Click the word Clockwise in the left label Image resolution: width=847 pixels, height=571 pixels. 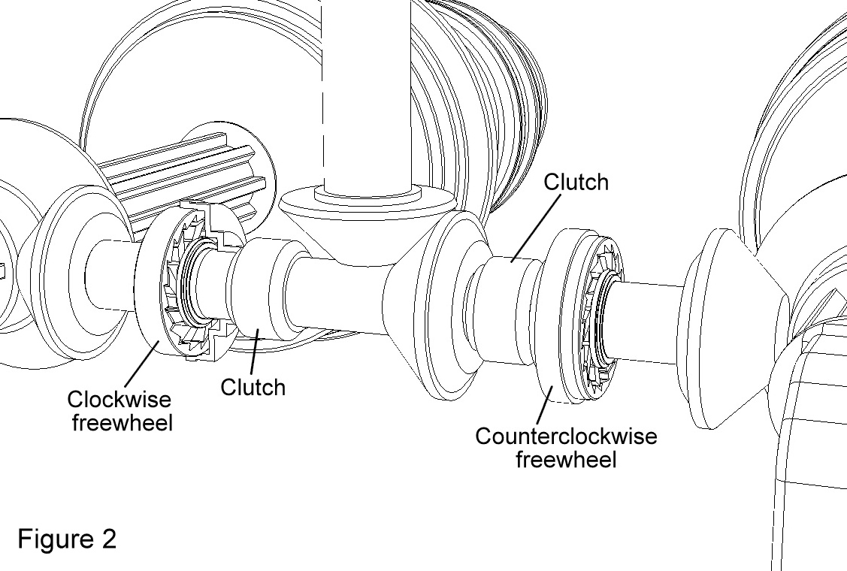(119, 400)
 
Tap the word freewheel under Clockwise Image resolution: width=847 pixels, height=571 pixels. (123, 422)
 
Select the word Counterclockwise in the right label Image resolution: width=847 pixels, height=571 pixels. (566, 437)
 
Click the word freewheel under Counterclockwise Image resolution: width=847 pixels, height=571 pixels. (566, 460)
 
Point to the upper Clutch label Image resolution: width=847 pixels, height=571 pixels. (576, 182)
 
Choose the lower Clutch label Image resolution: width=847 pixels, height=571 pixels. (253, 388)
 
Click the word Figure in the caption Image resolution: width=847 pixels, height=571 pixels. (55, 539)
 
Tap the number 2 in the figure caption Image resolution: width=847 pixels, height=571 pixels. (108, 539)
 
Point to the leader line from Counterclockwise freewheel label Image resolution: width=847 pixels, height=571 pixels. (544, 404)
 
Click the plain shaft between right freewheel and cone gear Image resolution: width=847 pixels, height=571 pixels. (646, 322)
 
